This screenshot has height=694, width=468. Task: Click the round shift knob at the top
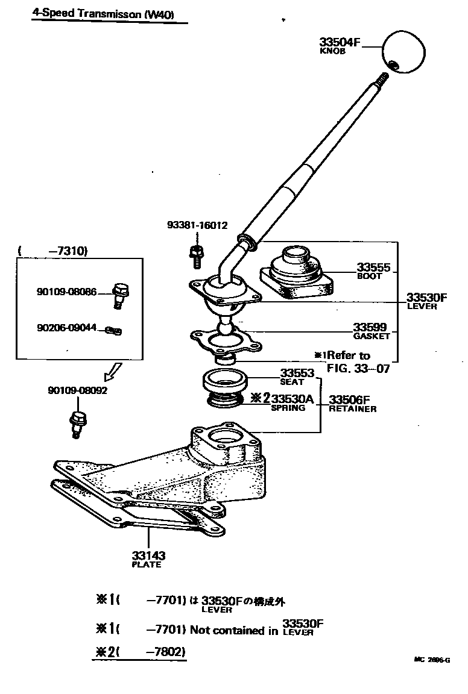(403, 51)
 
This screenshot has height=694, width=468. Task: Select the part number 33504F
(340, 42)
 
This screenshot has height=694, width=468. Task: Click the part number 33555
(373, 267)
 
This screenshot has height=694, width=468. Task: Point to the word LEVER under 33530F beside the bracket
(422, 307)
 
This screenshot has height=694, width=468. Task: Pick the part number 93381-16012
(197, 225)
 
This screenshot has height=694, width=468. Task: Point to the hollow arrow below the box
(113, 372)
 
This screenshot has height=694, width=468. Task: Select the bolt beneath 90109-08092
(77, 423)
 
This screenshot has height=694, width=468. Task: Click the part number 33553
(297, 374)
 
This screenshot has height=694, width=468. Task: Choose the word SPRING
(288, 408)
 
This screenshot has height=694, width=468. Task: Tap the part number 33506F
(349, 399)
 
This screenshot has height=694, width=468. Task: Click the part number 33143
(148, 555)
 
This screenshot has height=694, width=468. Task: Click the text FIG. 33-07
(358, 367)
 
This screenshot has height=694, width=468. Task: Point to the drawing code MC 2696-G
(432, 660)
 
